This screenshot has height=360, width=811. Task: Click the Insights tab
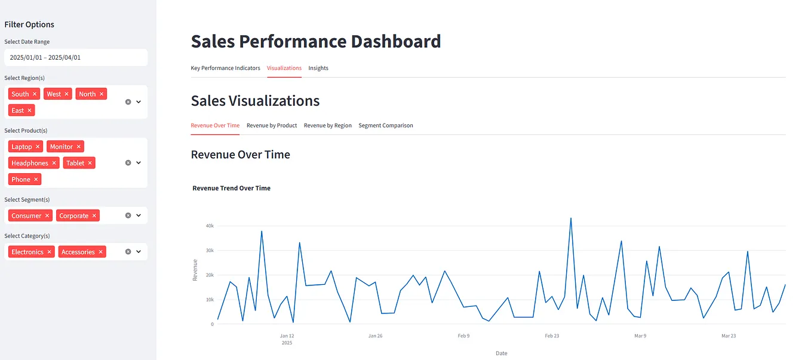(318, 68)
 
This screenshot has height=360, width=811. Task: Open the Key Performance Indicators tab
(225, 68)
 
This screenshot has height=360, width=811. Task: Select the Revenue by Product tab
(272, 125)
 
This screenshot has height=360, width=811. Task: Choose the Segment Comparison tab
(386, 125)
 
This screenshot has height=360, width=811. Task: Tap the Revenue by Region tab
(328, 125)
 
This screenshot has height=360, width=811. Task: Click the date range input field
(76, 57)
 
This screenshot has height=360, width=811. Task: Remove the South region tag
(35, 94)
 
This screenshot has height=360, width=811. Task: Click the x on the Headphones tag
(54, 163)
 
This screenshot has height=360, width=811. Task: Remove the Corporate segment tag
(94, 216)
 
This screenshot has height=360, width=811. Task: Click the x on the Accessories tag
(101, 252)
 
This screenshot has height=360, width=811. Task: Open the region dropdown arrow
(139, 102)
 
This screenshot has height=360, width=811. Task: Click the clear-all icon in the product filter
(128, 163)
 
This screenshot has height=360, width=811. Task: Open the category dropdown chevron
(139, 252)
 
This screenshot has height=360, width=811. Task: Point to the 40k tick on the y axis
(210, 226)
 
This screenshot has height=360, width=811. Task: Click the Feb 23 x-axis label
(552, 336)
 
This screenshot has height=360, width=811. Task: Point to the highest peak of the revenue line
(571, 218)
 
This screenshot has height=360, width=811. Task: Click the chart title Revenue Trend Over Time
(231, 188)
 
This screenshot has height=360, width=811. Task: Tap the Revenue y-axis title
(195, 270)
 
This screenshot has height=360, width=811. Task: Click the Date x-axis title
(502, 353)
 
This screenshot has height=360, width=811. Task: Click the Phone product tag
(21, 180)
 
